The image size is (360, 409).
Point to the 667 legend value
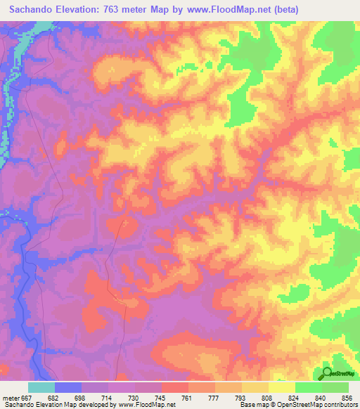tap(27, 396)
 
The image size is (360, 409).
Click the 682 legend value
tap(53, 396)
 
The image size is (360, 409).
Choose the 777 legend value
tap(213, 396)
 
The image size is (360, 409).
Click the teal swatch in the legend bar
tap(41, 387)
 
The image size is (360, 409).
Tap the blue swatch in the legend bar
tap(68, 387)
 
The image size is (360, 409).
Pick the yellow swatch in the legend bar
tap(282, 387)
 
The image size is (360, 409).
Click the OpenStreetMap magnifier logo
tap(328, 373)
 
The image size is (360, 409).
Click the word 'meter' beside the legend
tap(11, 396)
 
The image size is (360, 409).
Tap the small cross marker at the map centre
tap(126, 223)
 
